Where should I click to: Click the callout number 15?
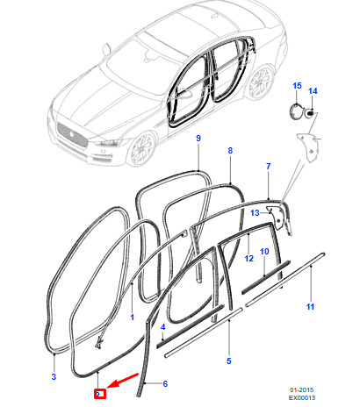(297, 86)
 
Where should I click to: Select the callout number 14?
(313, 91)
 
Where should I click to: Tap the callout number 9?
(198, 138)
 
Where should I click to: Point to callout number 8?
(230, 151)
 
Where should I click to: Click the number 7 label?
(269, 167)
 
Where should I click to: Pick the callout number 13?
(255, 213)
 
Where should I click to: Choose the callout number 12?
(249, 259)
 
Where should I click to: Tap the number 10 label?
(264, 252)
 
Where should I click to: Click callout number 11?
(310, 307)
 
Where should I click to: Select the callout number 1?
(133, 318)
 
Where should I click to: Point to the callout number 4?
(162, 327)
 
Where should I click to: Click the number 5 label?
(229, 361)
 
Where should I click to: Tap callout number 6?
(165, 383)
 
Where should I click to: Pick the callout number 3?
(54, 376)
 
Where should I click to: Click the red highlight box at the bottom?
(99, 394)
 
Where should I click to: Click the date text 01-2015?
(302, 390)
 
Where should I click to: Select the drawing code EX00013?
(302, 397)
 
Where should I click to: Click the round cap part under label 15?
(296, 111)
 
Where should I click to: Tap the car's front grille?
(72, 135)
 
